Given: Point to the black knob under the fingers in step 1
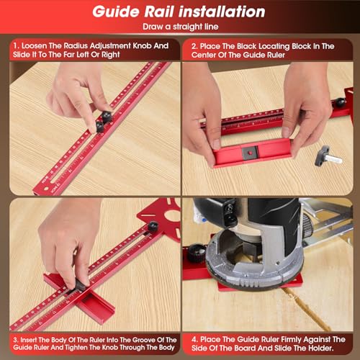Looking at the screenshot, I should pos(102,120).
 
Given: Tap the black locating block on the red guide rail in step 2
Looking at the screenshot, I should pos(249,151).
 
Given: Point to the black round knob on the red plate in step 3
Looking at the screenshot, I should pos(153,228).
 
